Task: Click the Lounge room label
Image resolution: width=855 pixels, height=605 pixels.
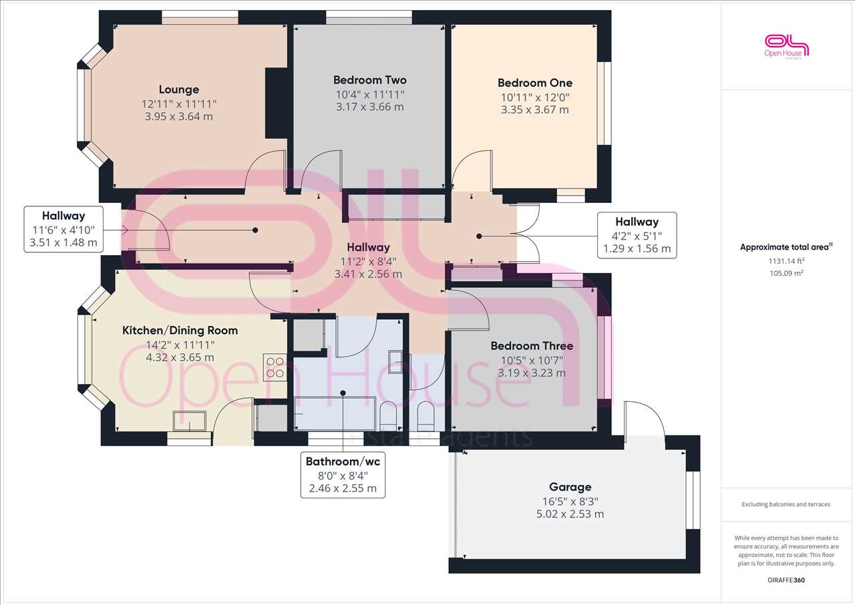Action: (x=178, y=89)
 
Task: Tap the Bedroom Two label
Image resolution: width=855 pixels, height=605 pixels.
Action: (x=369, y=79)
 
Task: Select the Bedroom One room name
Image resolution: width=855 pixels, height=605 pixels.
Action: (x=535, y=83)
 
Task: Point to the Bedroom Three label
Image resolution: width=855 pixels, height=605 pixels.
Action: (x=532, y=346)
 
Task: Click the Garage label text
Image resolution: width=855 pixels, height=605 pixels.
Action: (x=570, y=487)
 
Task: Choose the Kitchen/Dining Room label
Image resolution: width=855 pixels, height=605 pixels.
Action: (x=180, y=331)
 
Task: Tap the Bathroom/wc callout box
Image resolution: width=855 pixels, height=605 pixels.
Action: (x=343, y=475)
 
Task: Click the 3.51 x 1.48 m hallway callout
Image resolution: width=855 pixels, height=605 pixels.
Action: (x=63, y=229)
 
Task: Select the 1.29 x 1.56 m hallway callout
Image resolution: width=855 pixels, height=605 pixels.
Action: (x=637, y=235)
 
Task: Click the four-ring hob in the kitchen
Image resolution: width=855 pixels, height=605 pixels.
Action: (x=275, y=367)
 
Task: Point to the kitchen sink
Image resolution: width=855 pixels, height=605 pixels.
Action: (x=189, y=421)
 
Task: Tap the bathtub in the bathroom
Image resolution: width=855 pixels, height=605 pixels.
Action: (x=335, y=413)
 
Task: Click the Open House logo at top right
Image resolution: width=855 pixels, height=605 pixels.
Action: (x=786, y=47)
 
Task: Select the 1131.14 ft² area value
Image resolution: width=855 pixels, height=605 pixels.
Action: (x=786, y=261)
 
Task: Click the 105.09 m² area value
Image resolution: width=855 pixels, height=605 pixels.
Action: (x=786, y=273)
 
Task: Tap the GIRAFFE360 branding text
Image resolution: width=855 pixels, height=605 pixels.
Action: (x=786, y=580)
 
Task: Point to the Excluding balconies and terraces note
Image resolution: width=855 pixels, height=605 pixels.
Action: (x=786, y=504)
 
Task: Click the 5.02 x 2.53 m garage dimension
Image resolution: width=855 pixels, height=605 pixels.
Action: (x=570, y=514)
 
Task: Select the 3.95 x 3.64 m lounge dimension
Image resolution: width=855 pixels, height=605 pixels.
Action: (x=178, y=117)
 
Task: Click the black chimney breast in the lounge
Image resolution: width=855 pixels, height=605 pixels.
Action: (x=277, y=103)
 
